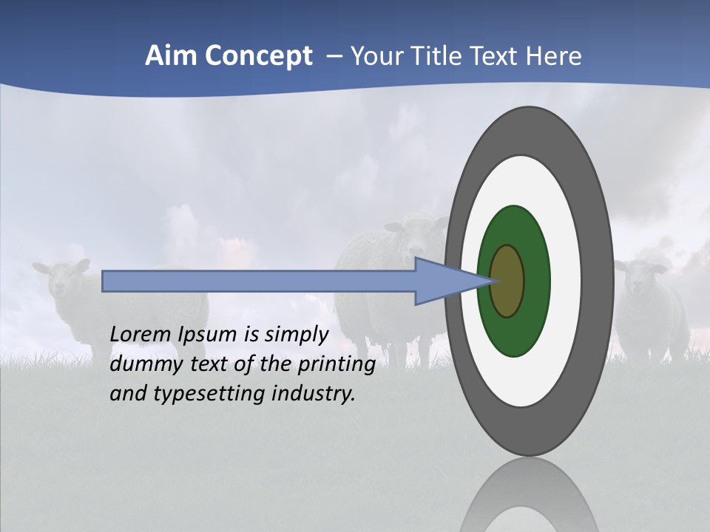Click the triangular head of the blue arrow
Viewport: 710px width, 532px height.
(x=444, y=281)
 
